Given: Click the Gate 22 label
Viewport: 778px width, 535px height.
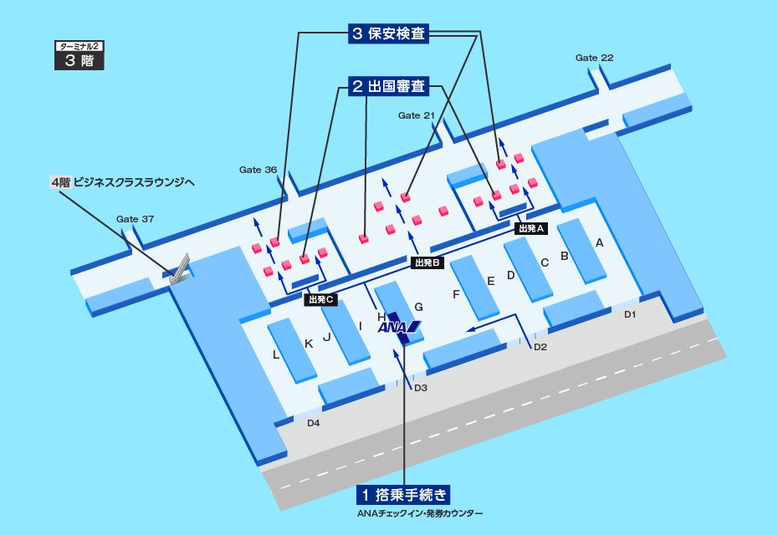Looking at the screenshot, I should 594,58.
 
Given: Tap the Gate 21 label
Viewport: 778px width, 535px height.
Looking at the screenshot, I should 417,115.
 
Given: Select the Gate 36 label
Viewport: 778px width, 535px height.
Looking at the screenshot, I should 258,170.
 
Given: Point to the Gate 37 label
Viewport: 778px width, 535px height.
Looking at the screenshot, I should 135,219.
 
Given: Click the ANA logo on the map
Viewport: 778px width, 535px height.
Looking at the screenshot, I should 399,327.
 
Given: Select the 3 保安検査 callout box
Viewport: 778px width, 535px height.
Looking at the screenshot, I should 387,34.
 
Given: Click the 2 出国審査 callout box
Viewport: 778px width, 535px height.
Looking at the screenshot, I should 387,85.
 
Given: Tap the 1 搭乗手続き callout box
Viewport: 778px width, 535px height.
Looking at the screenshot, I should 405,493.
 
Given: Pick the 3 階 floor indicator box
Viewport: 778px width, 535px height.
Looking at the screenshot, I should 79,60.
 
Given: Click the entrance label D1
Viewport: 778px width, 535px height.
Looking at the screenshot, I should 630,314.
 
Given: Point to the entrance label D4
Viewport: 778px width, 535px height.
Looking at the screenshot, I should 313,423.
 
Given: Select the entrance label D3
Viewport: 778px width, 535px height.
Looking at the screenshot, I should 421,387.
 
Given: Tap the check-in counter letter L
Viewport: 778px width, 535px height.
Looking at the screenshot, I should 276,354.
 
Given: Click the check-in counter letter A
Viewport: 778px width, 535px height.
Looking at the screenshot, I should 599,242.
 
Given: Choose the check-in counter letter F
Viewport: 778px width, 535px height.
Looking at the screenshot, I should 456,294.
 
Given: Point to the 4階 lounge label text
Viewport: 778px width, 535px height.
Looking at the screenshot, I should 122,181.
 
